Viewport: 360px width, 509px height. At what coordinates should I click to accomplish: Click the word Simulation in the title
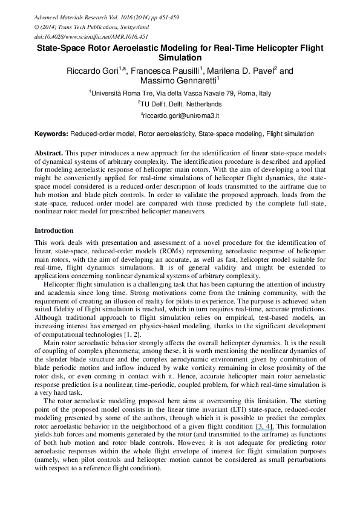click(x=180, y=58)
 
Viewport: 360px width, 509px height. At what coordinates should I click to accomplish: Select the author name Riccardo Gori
click(x=92, y=71)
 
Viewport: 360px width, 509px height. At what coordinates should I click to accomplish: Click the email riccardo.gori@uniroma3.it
click(x=181, y=114)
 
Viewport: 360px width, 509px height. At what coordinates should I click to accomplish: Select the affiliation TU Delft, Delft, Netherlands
click(x=181, y=104)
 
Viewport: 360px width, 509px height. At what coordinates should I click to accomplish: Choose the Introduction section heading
click(x=54, y=230)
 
